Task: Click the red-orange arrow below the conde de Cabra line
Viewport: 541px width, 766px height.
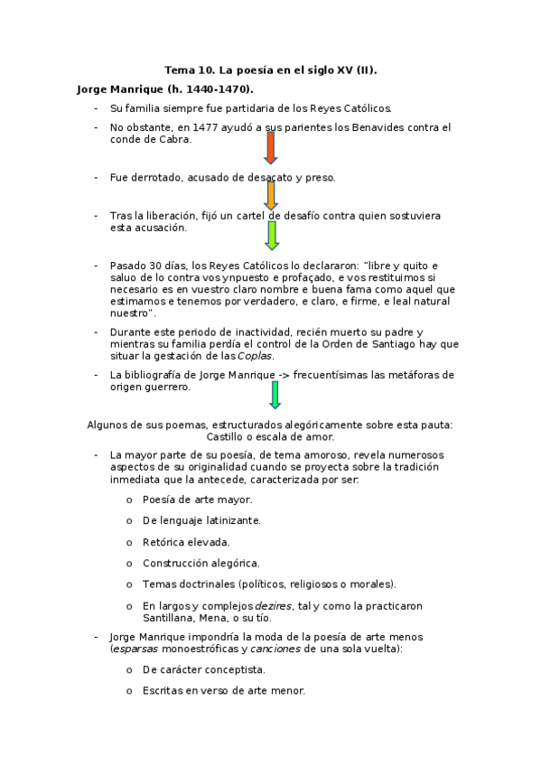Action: (271, 147)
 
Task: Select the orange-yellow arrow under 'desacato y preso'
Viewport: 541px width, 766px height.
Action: (271, 194)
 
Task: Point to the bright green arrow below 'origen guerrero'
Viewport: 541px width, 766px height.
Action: (275, 394)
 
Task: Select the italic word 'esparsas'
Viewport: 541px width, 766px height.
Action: (134, 649)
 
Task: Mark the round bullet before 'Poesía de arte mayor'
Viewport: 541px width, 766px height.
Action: (128, 500)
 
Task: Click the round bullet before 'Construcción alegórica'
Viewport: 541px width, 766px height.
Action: (128, 563)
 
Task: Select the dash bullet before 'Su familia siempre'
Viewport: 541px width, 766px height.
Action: (96, 108)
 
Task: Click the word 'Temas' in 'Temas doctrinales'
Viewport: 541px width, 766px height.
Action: (159, 584)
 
